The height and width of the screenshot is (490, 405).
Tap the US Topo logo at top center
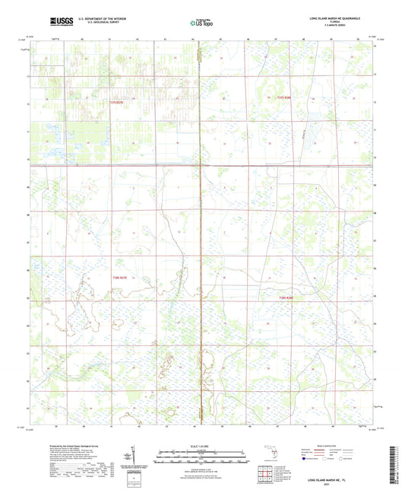(201, 23)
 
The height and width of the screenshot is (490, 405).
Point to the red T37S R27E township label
(115, 101)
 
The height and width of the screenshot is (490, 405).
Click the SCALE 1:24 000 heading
(201, 445)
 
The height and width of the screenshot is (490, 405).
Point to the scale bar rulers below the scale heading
(201, 458)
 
